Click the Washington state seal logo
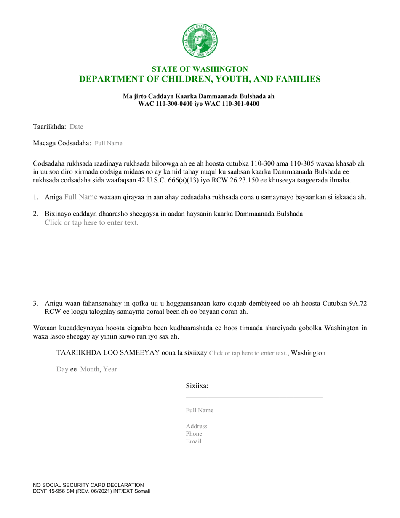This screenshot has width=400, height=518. [x=200, y=40]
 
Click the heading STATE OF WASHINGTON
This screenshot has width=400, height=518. [x=200, y=69]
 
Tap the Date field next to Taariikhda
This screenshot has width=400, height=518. [x=76, y=126]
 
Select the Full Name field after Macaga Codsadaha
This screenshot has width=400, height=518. [x=108, y=143]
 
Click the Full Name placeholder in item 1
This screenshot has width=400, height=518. [x=80, y=197]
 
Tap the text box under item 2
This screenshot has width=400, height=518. [x=91, y=223]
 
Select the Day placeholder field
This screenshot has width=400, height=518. [x=62, y=369]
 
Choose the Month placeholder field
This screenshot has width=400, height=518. [x=89, y=369]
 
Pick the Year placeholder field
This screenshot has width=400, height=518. [x=110, y=369]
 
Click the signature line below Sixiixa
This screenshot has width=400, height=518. [x=254, y=397]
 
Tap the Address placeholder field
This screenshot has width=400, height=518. [x=196, y=426]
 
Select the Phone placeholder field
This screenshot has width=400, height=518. [x=194, y=434]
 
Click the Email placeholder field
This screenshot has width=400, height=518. [x=194, y=441]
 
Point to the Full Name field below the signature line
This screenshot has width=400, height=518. [x=200, y=410]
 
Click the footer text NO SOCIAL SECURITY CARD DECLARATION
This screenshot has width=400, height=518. [x=88, y=485]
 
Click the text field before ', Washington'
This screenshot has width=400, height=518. [x=248, y=353]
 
